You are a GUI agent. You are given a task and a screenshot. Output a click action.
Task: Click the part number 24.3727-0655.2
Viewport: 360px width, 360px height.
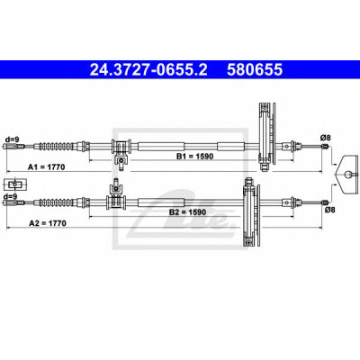pos(148,69)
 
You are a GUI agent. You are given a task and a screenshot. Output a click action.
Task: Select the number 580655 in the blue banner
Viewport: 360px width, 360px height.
pos(255,69)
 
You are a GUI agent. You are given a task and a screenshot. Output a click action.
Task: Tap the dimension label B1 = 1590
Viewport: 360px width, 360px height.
pos(194,156)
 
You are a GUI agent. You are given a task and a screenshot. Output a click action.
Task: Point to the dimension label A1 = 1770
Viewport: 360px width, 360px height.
pos(46,166)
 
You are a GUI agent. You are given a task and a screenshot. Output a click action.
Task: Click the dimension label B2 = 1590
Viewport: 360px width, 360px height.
pos(187,212)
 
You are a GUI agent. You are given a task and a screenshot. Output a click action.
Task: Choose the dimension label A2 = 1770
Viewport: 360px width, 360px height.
pos(48,223)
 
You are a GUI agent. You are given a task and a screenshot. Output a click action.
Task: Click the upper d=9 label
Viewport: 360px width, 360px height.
pos(12,139)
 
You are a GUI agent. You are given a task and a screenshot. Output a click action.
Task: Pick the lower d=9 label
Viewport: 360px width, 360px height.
pos(10,196)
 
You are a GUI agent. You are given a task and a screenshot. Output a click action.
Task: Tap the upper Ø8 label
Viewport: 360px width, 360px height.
pos(325,138)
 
